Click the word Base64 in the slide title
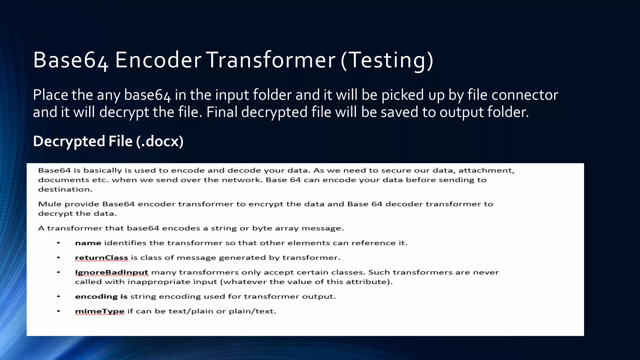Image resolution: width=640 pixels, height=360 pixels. (71, 60)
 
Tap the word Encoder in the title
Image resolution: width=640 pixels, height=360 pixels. (158, 60)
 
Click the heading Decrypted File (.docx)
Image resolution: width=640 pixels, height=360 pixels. (108, 141)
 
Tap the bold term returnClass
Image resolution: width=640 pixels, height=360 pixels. (102, 258)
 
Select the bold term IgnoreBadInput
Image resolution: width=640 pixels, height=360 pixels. (112, 272)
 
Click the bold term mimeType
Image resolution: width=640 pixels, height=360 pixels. (100, 311)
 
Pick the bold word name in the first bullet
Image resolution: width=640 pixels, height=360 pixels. (88, 243)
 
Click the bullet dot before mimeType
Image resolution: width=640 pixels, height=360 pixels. (58, 311)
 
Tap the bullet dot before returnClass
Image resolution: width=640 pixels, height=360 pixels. (58, 258)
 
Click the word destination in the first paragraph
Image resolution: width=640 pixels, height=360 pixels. (65, 189)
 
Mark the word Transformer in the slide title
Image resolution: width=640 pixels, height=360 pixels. (271, 60)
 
